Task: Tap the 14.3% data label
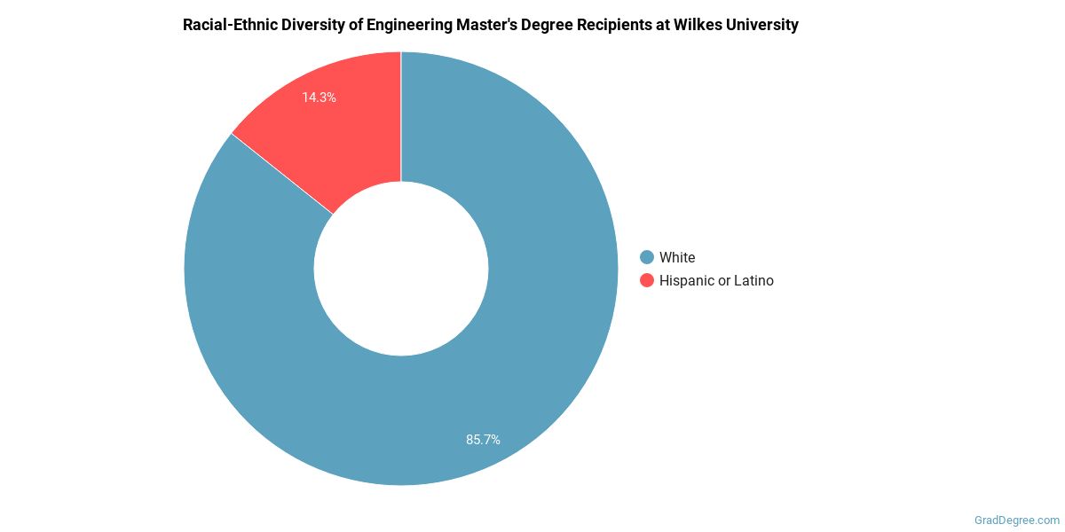click(x=319, y=98)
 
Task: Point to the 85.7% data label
click(x=484, y=439)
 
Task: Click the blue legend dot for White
click(x=647, y=257)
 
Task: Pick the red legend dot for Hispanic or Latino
click(x=647, y=280)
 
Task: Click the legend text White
click(x=677, y=257)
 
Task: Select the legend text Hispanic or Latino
click(x=716, y=280)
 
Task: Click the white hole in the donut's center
click(x=401, y=269)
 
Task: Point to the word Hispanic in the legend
click(x=687, y=280)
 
